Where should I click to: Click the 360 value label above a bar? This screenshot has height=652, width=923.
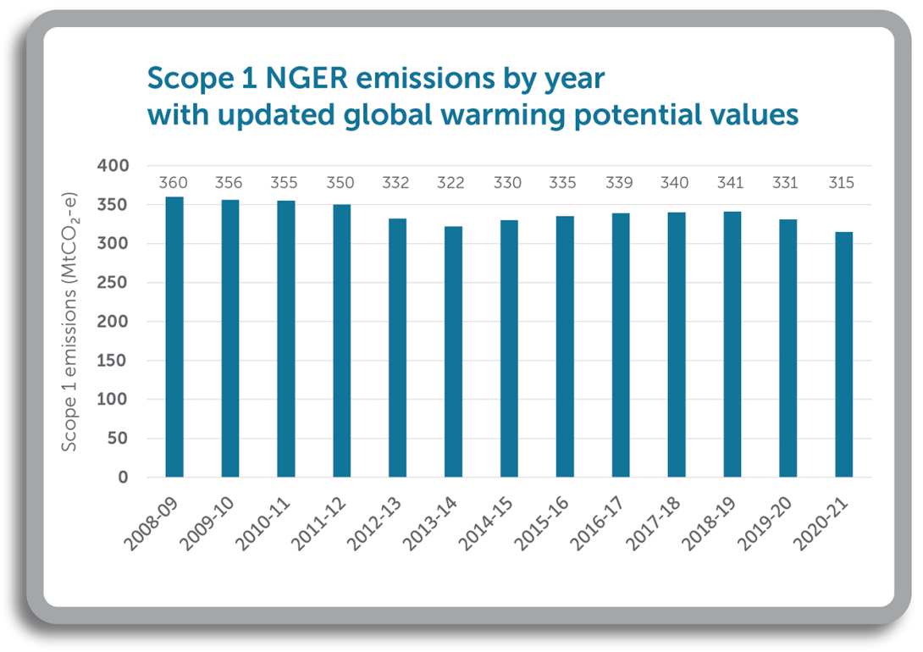pyautogui.click(x=174, y=183)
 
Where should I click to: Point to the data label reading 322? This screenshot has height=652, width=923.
pyautogui.click(x=453, y=183)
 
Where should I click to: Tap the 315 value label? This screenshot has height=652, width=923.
pyautogui.click(x=843, y=183)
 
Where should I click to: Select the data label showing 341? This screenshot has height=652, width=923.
pyautogui.click(x=732, y=183)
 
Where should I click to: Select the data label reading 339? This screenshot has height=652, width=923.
pyautogui.click(x=620, y=183)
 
